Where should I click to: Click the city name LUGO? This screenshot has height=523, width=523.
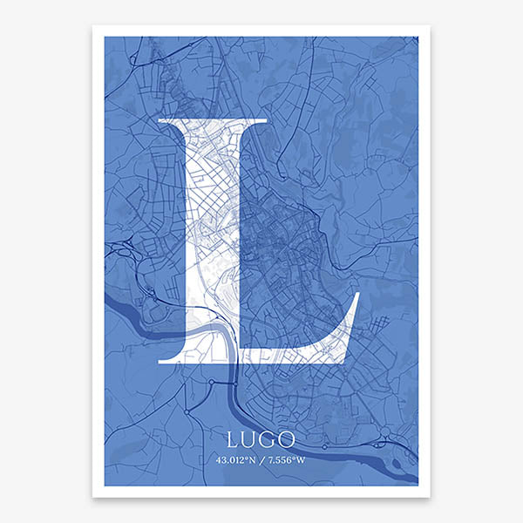tap(261, 438)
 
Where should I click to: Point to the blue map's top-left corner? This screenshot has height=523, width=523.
tap(105, 37)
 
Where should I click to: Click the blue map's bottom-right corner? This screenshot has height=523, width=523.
tap(418, 486)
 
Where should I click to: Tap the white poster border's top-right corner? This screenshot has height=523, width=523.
tap(430, 25)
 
